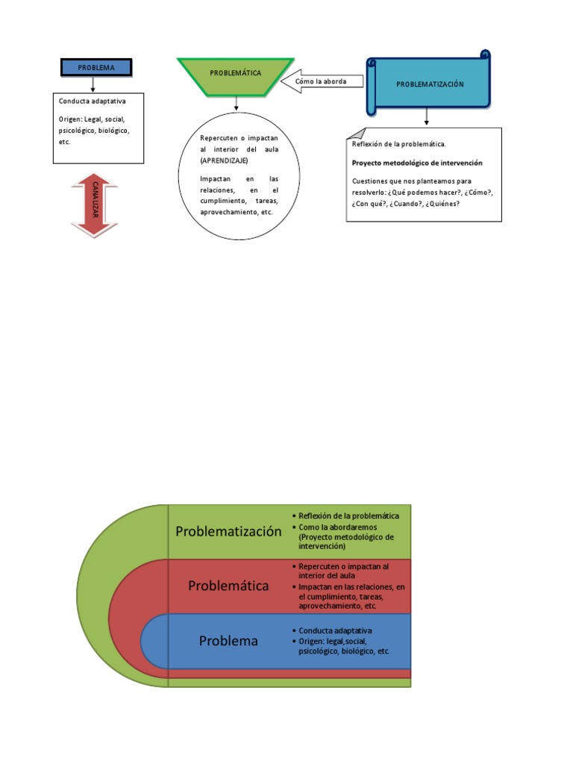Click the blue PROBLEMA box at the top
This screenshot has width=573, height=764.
(95, 67)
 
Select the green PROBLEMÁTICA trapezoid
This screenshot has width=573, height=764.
(235, 74)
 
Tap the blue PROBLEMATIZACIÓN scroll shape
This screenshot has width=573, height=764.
(429, 84)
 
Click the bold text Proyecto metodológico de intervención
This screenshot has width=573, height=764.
(417, 163)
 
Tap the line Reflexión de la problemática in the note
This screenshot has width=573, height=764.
(398, 143)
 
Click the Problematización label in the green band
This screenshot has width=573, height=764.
(228, 531)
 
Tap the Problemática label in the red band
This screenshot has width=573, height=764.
(228, 586)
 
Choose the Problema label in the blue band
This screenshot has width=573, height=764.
(228, 641)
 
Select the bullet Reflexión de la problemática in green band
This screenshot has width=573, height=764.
(348, 516)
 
